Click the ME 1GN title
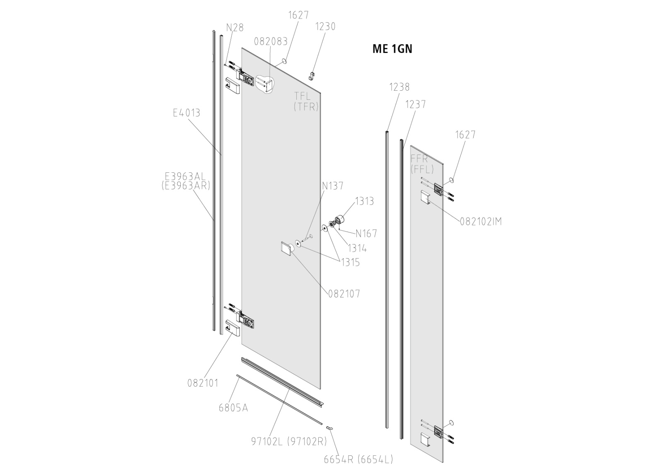coord(392,49)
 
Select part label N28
coord(235,28)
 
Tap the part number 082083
coord(271,41)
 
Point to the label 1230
coord(325,26)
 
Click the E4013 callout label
coord(186,113)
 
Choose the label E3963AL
coord(185,176)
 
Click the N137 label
coord(333,186)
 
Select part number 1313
coord(364,201)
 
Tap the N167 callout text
coord(366,234)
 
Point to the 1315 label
coord(350,262)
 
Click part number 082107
coord(344,294)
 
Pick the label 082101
coord(203,383)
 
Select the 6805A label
coord(233,408)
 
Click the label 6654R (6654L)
coord(358,459)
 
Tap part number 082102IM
coord(481,222)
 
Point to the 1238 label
coord(399,87)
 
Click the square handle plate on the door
coord(287,249)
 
